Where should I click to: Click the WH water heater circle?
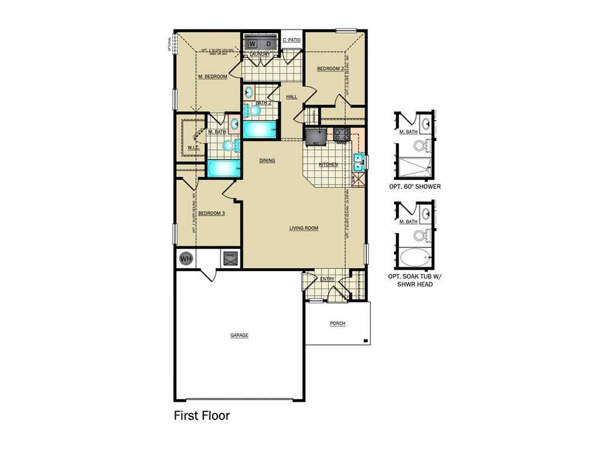[x=186, y=258]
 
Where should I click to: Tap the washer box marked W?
[x=252, y=44]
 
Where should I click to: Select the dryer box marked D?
[x=268, y=44]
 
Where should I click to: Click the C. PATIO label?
[x=292, y=40]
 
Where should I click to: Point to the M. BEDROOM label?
[x=212, y=76]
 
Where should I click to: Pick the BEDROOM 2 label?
[x=330, y=69]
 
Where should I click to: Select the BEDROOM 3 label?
[x=211, y=213]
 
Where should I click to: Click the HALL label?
[x=292, y=97]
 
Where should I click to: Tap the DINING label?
[x=267, y=160]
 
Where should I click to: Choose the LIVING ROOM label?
[x=303, y=228]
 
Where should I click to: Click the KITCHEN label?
[x=328, y=164]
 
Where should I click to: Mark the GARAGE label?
[x=239, y=335]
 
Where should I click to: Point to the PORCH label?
[x=337, y=324]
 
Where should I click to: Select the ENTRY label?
[x=327, y=279]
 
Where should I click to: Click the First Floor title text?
[x=202, y=416]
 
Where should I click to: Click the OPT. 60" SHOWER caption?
[x=414, y=187]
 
